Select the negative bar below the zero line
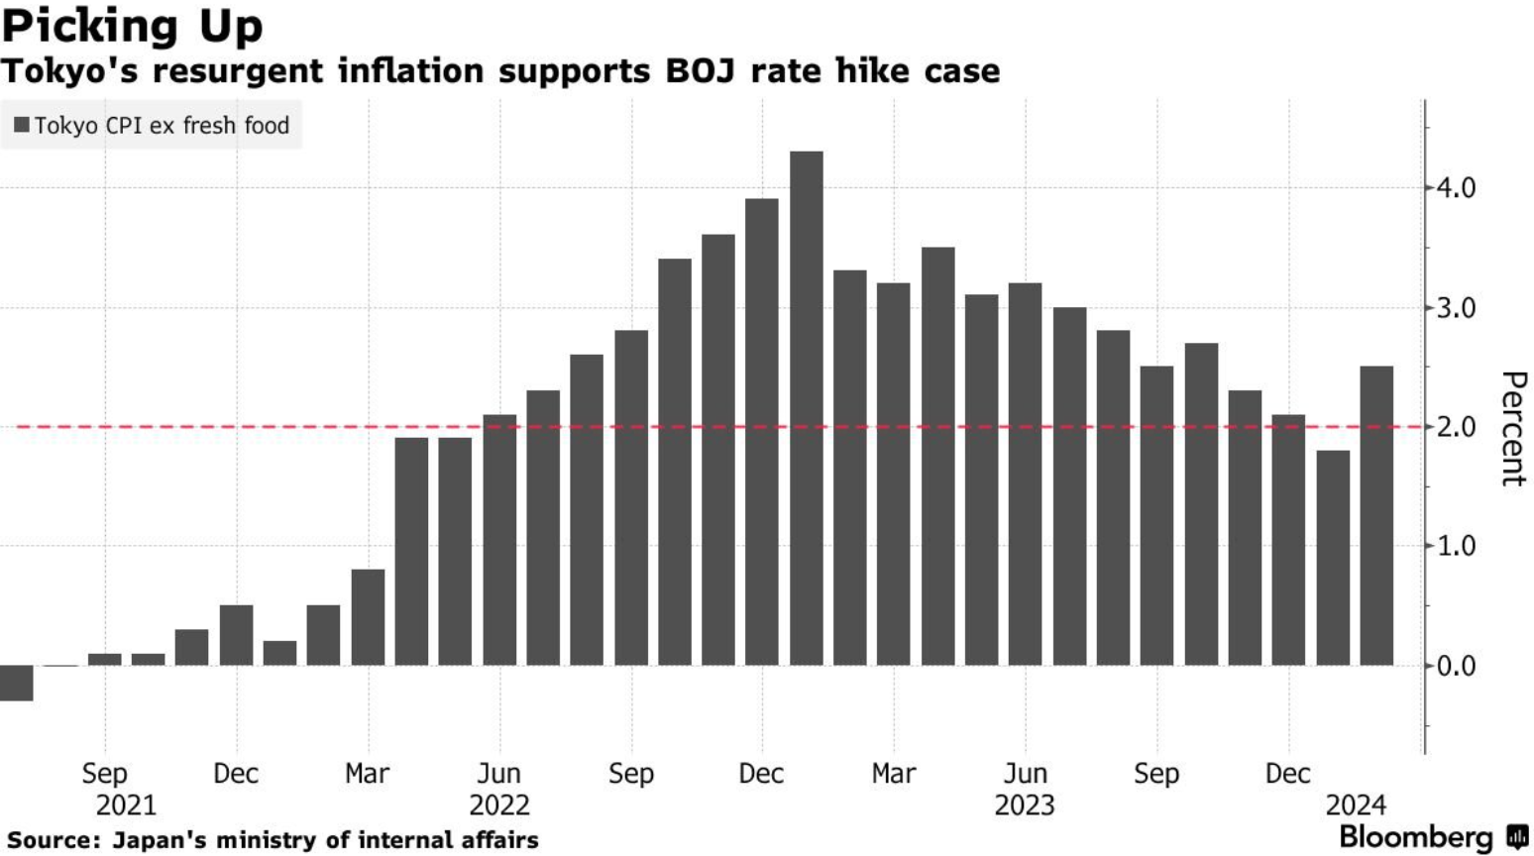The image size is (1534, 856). click(x=17, y=683)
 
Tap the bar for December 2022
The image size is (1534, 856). click(x=762, y=432)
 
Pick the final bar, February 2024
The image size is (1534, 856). click(x=1376, y=515)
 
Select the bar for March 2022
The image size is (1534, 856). click(x=368, y=617)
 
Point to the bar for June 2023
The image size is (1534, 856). click(x=1026, y=474)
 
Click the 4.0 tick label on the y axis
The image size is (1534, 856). click(x=1456, y=187)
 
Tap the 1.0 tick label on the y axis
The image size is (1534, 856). click(x=1456, y=546)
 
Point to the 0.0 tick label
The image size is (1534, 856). click(x=1456, y=666)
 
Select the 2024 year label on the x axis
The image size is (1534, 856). click(x=1356, y=804)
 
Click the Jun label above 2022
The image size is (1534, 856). click(x=499, y=773)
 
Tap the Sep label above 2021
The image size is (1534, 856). click(x=105, y=773)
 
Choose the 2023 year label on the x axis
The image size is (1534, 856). click(x=1025, y=804)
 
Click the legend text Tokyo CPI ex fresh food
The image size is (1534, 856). click(x=162, y=126)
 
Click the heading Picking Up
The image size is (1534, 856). click(x=133, y=26)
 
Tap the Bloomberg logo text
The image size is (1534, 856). click(x=1415, y=837)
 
